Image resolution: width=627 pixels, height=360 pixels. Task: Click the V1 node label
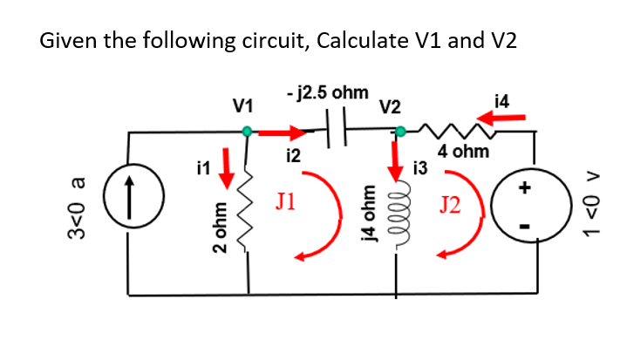[243, 107]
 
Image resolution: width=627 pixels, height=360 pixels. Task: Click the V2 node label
[390, 107]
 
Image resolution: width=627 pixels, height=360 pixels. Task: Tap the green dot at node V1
[248, 132]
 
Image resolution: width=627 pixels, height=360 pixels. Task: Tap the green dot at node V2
[400, 132]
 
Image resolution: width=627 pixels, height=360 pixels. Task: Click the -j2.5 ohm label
[326, 91]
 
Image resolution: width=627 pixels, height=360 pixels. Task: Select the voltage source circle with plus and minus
[522, 207]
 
